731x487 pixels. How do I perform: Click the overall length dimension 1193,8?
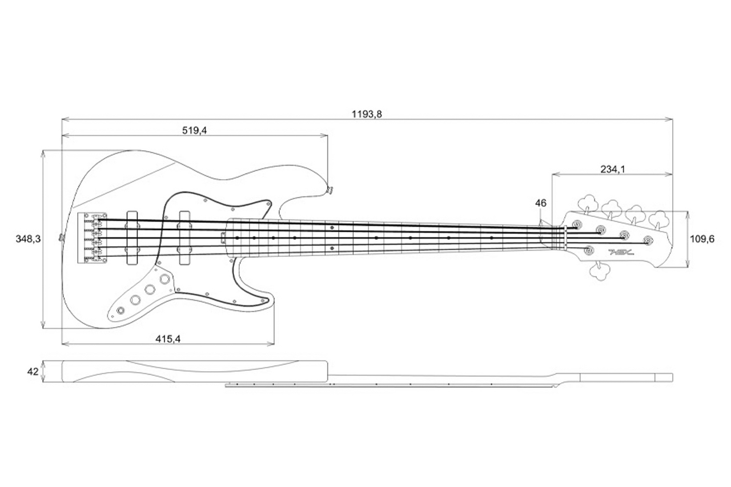tap(367, 114)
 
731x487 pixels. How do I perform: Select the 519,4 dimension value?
tap(194, 131)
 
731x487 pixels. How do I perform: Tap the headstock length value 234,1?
tap(612, 169)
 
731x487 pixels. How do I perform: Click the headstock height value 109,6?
tap(702, 239)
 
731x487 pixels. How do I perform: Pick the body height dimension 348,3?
tap(28, 239)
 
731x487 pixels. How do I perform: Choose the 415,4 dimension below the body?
tap(168, 339)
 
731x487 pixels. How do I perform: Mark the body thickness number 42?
tap(33, 372)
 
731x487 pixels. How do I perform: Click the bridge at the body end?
tap(92, 238)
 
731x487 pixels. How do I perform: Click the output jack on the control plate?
tap(121, 310)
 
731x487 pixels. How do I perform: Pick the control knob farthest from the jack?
tap(165, 279)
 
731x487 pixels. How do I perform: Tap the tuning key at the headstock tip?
tap(660, 218)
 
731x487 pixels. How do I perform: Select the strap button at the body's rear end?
tap(61, 237)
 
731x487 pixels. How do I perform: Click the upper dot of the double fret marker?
tap(332, 227)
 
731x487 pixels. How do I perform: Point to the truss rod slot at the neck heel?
tap(223, 234)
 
